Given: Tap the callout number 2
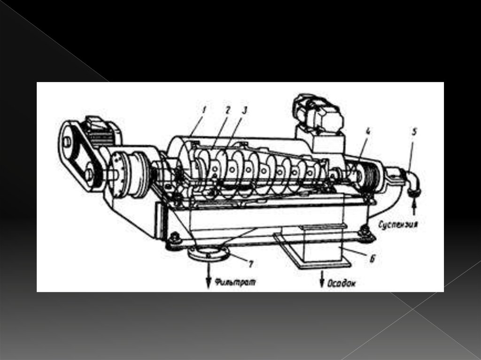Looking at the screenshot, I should pos(227,110).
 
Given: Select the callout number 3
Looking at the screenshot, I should pos(244,110).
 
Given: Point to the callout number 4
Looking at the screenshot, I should pos(368,132).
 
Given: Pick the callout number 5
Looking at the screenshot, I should pos(414,132).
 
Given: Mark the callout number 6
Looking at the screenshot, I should pos(372,259).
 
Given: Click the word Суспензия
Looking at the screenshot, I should pos(398,225).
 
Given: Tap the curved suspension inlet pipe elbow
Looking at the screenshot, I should pos(411,181).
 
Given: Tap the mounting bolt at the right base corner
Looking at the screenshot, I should pos(364,231).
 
